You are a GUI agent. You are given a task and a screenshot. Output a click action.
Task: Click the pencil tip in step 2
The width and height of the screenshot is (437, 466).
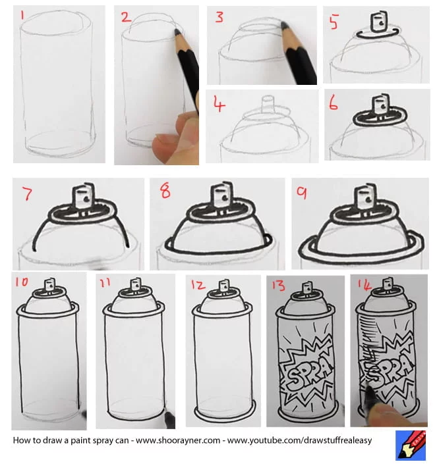tap(177, 30)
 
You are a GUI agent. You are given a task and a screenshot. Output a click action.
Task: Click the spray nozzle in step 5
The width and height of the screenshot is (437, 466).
tap(378, 22)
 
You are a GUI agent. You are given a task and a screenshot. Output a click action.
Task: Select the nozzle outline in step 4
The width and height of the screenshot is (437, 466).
tap(268, 106)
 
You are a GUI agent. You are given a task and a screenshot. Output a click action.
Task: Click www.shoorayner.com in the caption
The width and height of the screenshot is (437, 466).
tap(178, 440)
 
